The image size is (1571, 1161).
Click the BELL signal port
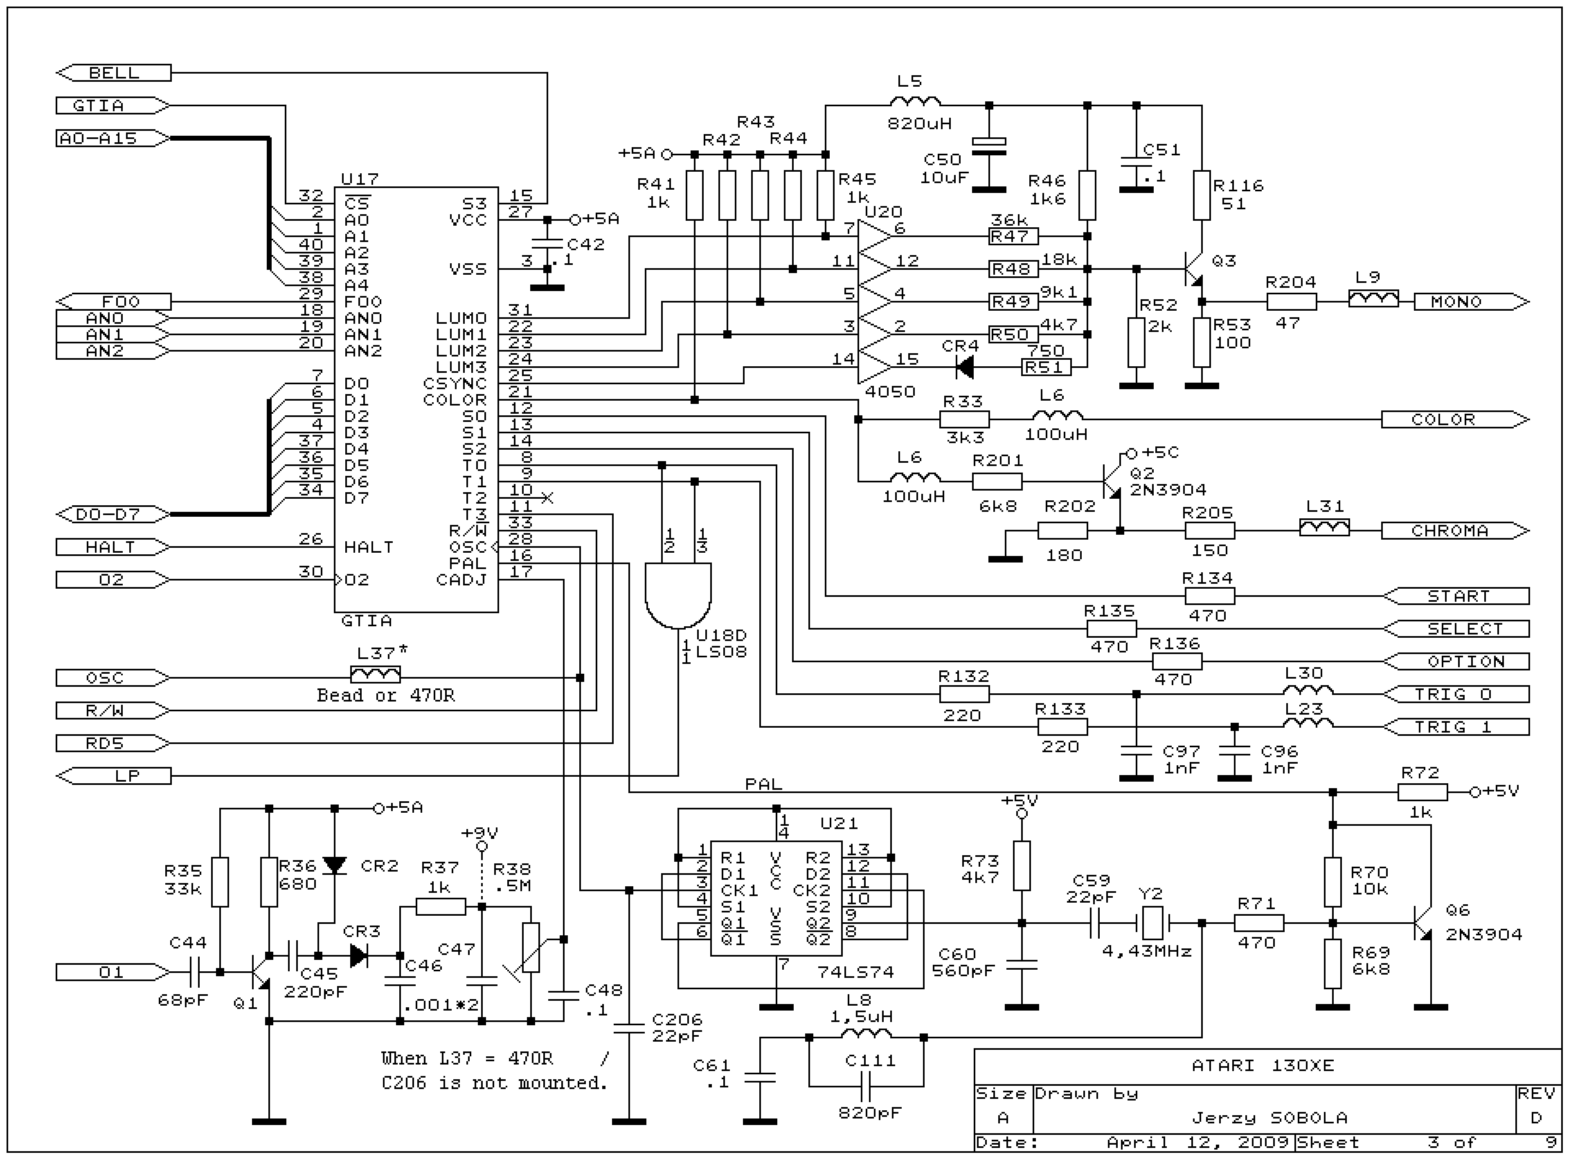click(x=114, y=72)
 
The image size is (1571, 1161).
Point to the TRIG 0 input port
click(x=1456, y=694)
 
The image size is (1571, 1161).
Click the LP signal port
click(x=114, y=776)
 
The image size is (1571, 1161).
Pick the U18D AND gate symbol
click(x=678, y=594)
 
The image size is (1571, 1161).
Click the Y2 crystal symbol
click(x=1151, y=923)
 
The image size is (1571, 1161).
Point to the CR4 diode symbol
click(x=965, y=366)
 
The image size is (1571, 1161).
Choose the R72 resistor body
click(x=1422, y=792)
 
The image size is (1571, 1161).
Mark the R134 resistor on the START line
click(x=1209, y=596)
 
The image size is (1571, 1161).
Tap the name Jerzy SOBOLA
click(x=1269, y=1117)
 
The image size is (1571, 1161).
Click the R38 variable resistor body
click(x=531, y=947)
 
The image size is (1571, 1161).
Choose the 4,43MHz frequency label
click(x=1147, y=952)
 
